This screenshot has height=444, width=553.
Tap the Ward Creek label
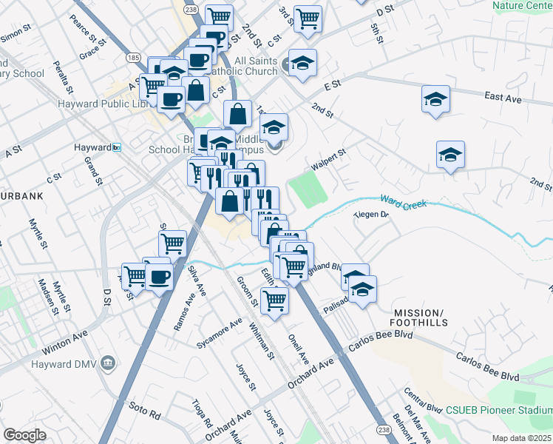tap(404, 201)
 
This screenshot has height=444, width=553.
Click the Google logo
tap(24, 435)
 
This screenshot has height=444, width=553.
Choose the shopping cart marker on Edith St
tap(274, 300)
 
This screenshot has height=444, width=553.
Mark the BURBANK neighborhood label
tap(21, 196)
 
